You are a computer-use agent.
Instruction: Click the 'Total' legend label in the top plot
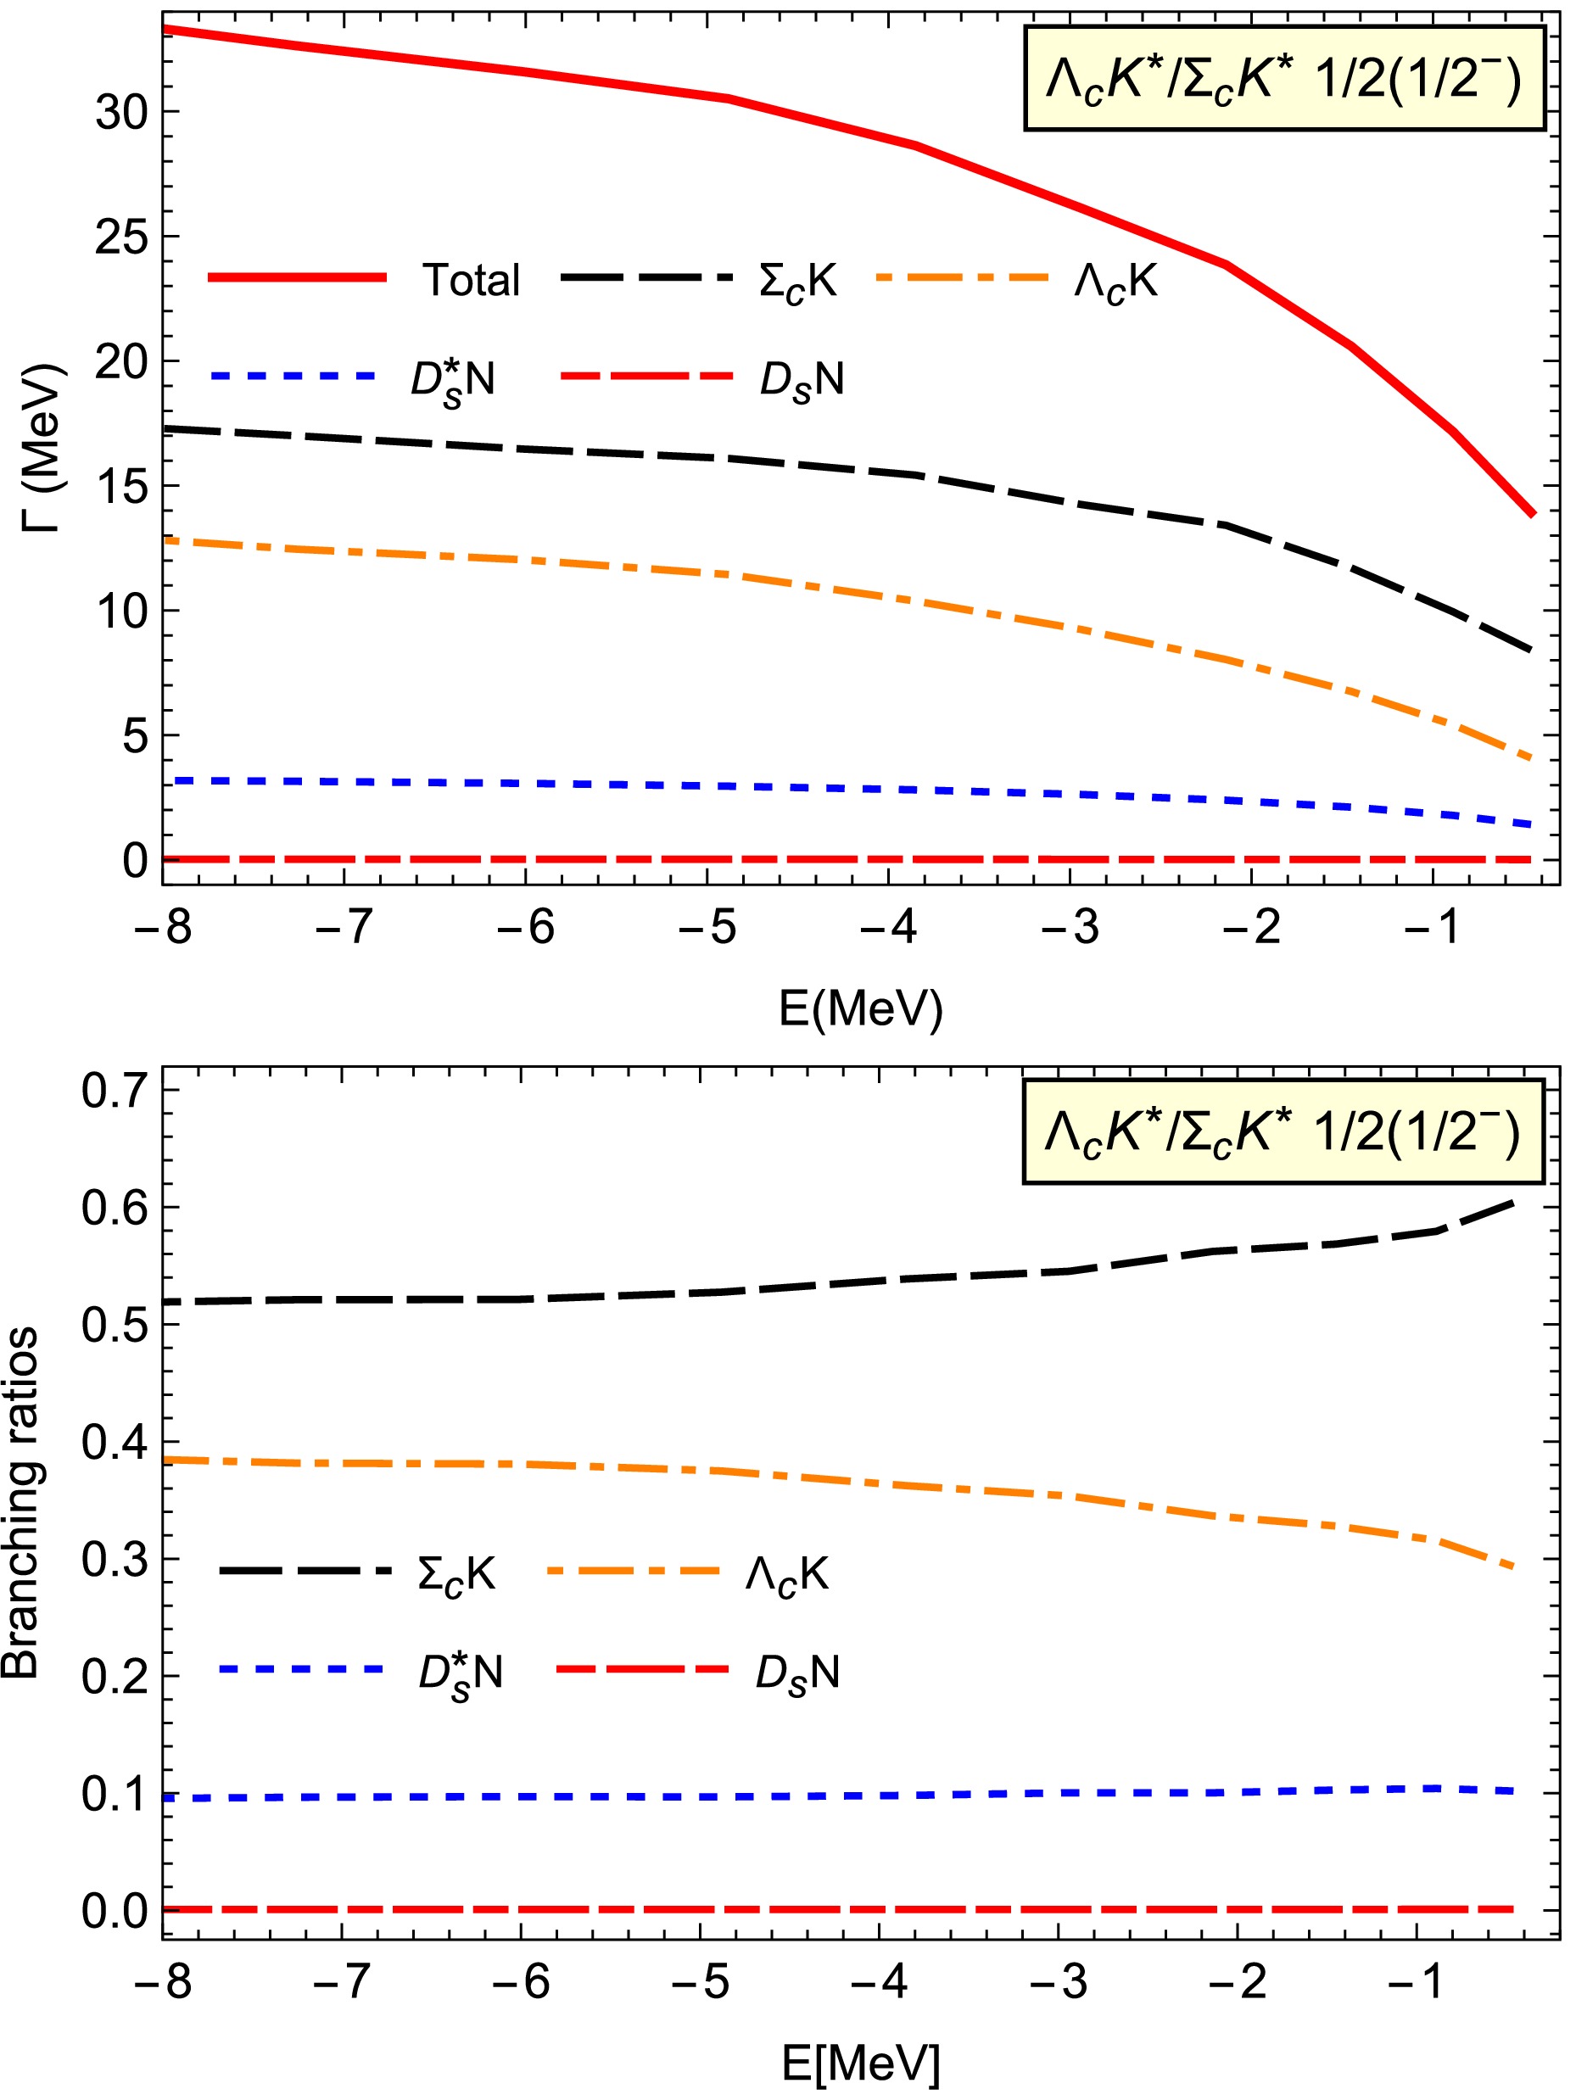[x=471, y=280]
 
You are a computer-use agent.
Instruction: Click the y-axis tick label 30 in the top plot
[x=122, y=113]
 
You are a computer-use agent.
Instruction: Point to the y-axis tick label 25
[x=122, y=237]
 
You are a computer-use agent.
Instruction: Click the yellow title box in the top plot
[x=1283, y=79]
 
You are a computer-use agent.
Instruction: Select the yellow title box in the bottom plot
[x=1283, y=1131]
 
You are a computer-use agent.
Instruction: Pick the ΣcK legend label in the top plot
[x=797, y=281]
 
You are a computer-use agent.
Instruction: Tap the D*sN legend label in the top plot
[x=452, y=380]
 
